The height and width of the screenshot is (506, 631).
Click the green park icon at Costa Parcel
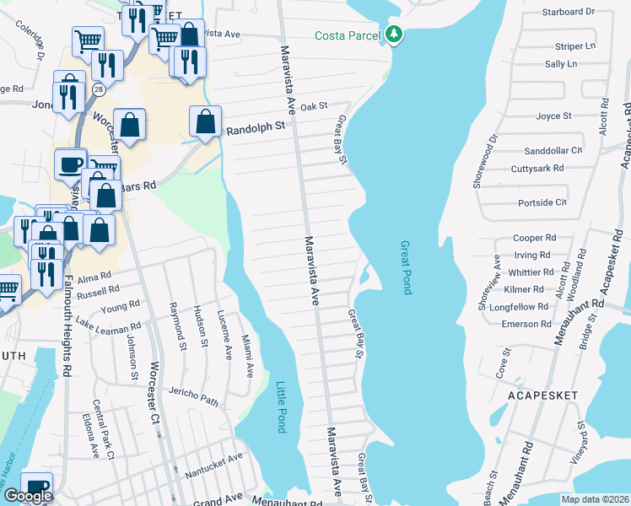coord(393,35)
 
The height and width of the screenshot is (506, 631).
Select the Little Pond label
coord(281,407)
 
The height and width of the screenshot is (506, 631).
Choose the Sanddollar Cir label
coord(553,150)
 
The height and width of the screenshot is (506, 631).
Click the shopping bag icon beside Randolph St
coord(206,121)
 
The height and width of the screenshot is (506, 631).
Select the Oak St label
coord(313,106)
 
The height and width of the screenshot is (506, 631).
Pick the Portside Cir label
coord(542,203)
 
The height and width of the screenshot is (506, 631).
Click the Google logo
coord(28,496)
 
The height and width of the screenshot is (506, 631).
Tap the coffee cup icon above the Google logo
coord(36,487)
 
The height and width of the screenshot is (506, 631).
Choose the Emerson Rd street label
coord(526,324)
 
